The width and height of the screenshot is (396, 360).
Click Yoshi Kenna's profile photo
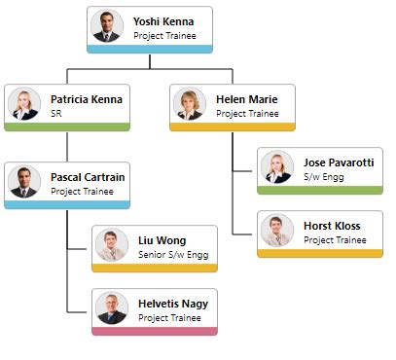coord(106,25)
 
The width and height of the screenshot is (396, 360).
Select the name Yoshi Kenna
coord(163,21)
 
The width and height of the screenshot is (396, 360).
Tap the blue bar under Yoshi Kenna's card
coord(150,49)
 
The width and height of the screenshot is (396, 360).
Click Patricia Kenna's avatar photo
coord(22,103)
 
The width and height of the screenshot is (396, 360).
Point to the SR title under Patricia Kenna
coord(56,114)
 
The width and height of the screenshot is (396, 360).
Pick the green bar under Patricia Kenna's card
coord(67,126)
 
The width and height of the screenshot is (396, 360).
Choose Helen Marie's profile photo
coord(189,103)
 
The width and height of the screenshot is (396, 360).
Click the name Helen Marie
coord(247,99)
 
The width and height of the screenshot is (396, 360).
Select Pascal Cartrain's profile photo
coord(22,182)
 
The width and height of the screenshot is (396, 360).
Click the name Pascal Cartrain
coord(88,178)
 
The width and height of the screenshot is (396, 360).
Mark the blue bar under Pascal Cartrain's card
coord(67,204)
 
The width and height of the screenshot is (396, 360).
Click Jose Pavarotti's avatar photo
coord(276,166)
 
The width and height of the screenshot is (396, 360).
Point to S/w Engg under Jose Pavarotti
coord(324,177)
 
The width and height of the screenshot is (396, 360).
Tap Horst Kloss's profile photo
coord(276,230)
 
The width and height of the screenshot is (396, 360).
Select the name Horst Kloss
coord(332,226)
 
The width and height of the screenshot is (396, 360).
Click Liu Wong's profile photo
coord(111,244)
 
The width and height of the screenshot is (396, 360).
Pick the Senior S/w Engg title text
coord(172,255)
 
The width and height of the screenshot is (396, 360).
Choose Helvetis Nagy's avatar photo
coord(111,307)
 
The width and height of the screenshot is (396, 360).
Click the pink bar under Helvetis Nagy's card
coord(155,331)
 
